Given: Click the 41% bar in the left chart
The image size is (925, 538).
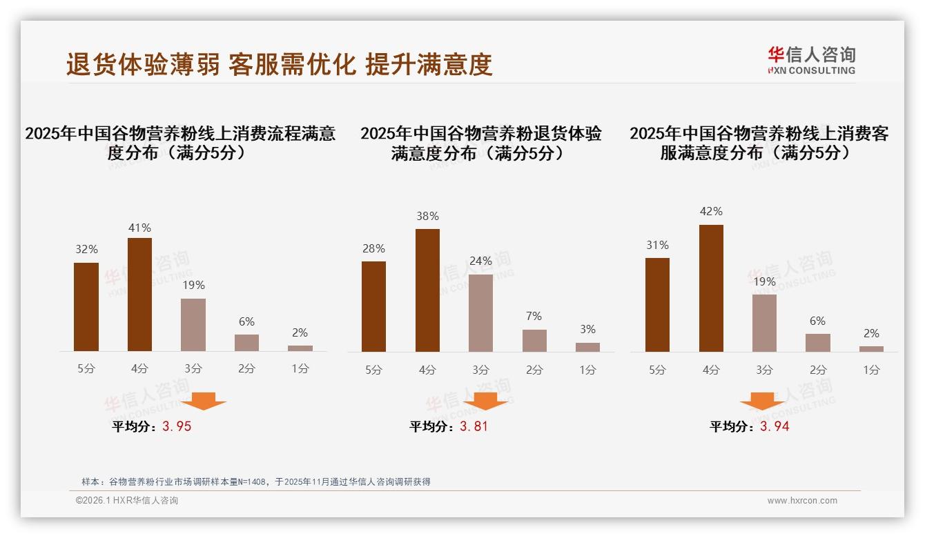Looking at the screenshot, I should point(139,295).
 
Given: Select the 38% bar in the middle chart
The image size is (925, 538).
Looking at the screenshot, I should point(427,290).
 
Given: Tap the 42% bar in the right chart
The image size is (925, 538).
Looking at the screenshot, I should point(711,288).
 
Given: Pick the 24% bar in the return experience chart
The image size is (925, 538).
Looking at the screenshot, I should point(480,313).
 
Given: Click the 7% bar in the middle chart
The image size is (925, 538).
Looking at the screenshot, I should point(534,341).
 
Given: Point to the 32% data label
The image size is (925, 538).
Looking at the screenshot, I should point(86,250).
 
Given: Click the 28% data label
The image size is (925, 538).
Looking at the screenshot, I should point(373,248).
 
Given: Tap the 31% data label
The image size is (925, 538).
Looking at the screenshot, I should point(658,245).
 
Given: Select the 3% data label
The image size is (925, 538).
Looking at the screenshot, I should point(587,330).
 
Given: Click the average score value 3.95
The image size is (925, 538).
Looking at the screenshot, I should point(177,426).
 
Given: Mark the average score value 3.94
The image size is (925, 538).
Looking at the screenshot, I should point(775,426).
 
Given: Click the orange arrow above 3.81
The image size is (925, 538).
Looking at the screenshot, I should point(486,401).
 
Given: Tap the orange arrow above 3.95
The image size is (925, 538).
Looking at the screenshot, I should point(204,401).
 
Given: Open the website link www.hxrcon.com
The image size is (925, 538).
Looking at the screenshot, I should point(802,501).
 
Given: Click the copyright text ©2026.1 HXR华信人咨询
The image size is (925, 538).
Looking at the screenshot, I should point(127,501).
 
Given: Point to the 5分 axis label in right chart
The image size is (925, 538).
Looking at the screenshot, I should point(657,370).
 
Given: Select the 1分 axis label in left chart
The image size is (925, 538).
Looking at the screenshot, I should point(300,369).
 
